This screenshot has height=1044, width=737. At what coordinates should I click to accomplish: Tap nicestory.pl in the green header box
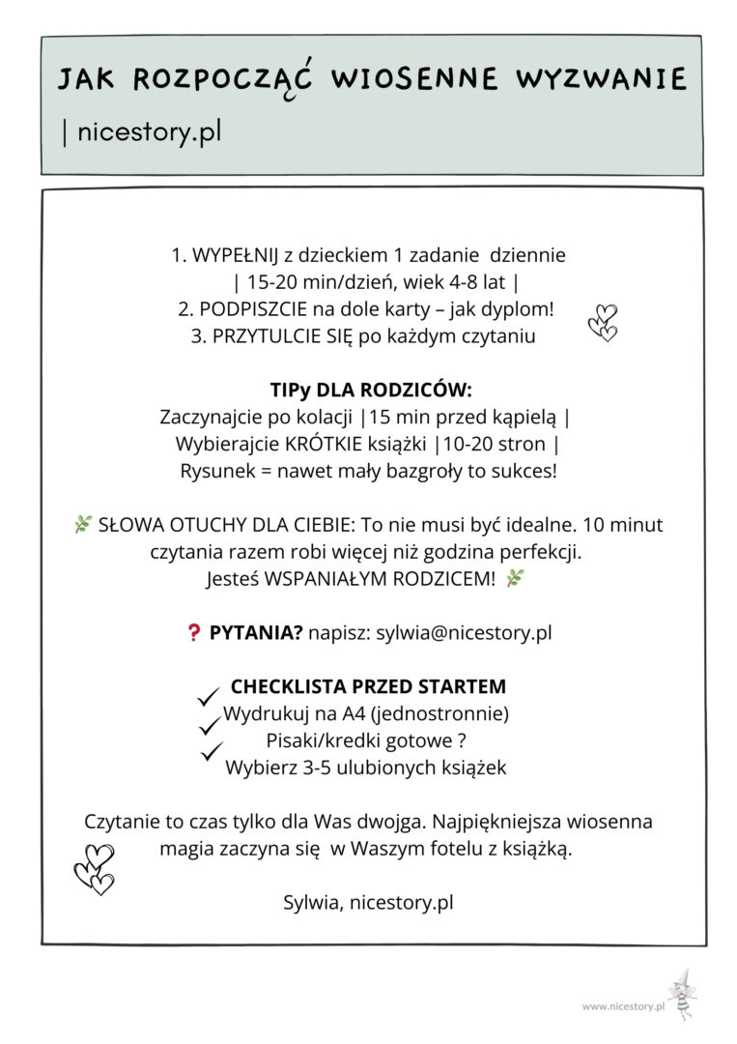[149, 132]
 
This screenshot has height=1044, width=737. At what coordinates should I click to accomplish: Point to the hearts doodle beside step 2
[603, 322]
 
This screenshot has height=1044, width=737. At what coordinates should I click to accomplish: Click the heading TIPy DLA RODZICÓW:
[371, 391]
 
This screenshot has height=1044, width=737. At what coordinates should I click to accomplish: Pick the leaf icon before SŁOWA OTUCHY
[83, 525]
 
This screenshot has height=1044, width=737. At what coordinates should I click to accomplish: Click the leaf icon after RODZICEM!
[515, 579]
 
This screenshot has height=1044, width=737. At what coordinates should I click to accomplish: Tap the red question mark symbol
[192, 634]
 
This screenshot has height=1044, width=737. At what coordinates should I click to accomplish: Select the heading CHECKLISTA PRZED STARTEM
[368, 687]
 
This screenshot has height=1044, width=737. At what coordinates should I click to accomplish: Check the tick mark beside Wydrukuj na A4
[208, 696]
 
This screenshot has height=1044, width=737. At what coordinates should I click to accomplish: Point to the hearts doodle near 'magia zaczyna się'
[95, 868]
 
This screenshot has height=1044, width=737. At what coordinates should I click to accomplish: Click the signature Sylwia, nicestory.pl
[368, 903]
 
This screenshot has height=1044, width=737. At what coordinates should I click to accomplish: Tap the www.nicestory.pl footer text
[624, 1006]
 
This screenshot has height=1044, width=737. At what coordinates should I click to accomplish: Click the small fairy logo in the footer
[683, 994]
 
